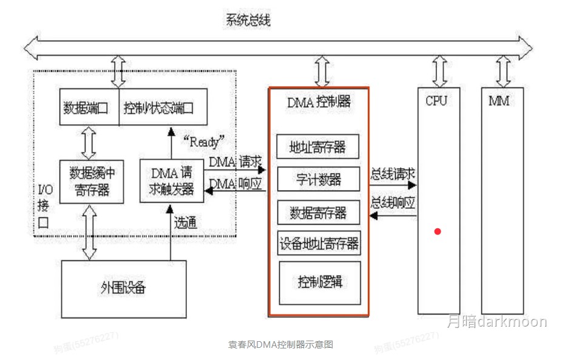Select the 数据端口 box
(86, 108)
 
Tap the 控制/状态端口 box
(159, 108)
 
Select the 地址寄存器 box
(318, 147)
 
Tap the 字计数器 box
(318, 179)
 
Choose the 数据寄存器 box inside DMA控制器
(318, 212)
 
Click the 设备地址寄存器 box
(319, 245)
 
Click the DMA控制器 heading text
(319, 101)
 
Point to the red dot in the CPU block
(437, 231)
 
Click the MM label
(499, 101)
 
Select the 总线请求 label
(393, 174)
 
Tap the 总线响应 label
(393, 202)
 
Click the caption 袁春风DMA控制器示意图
(280, 345)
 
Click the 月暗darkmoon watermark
(496, 322)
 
